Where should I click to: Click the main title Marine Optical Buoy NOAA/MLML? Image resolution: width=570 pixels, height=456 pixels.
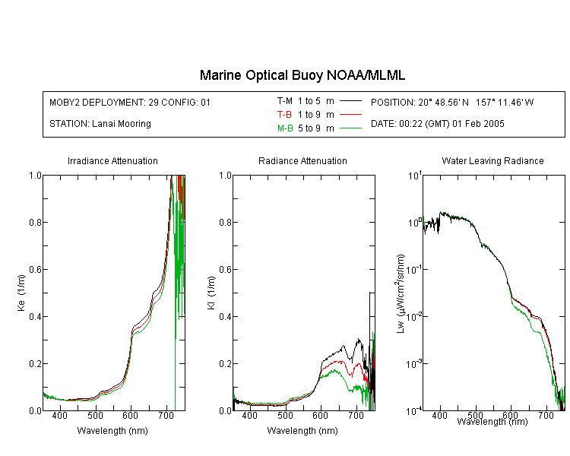coord(302,75)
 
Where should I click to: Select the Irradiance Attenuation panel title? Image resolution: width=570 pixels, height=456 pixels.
coord(112,160)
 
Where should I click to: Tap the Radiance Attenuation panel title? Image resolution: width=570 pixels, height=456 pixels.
coord(302,160)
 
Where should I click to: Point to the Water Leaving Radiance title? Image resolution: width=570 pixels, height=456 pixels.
coord(492,160)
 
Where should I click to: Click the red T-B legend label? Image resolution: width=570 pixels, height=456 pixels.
coord(284,115)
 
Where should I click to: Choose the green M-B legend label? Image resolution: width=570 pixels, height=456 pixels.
coord(285,128)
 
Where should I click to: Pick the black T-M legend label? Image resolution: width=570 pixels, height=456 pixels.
coord(285,101)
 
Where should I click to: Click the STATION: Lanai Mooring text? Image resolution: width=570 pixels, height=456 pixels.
coord(100,124)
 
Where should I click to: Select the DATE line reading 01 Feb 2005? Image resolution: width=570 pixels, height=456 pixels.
coord(437,124)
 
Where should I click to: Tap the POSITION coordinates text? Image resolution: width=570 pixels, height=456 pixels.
coord(452,102)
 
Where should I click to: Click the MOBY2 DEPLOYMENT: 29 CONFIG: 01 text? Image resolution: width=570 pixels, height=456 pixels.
coord(130,102)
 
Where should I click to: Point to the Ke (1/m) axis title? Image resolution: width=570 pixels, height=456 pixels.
coord(21,293)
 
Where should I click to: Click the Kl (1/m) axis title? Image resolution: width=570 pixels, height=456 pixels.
coord(211,293)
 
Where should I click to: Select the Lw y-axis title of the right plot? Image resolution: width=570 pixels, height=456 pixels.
coord(401,293)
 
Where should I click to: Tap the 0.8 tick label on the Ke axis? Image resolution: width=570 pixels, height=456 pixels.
coord(35,222)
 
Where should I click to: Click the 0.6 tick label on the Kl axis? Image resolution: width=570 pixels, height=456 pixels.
coord(226,270)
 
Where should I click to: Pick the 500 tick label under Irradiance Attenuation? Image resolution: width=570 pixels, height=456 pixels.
coord(95,416)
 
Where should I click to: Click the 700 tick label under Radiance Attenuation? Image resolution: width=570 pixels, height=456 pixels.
coord(356,416)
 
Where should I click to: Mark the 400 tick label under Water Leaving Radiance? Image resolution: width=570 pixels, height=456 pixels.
coord(439,415)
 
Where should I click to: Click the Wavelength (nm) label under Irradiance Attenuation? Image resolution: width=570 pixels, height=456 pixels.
coord(112,431)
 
